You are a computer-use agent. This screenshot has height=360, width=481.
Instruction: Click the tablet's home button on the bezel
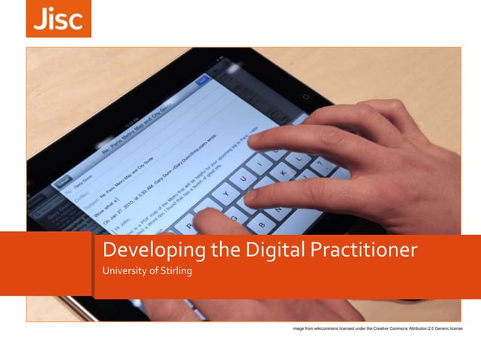(306, 96)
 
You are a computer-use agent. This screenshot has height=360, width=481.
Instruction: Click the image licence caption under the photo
(378, 330)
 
